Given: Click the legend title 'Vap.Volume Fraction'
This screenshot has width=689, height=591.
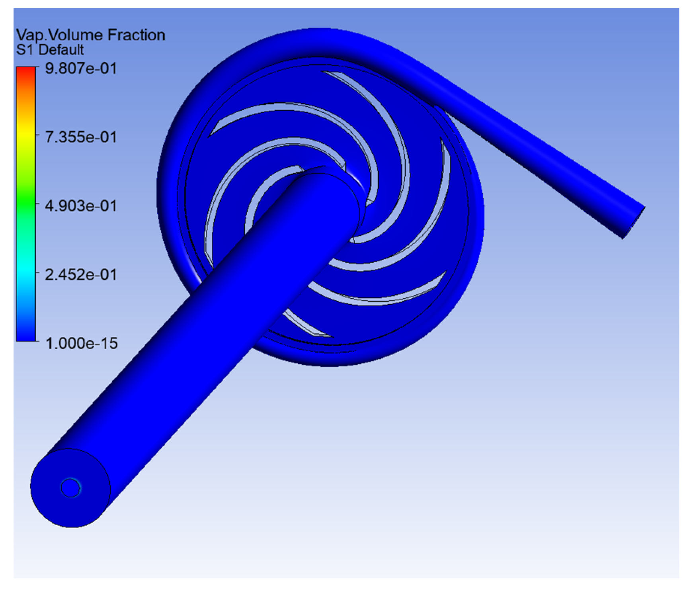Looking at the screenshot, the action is (91, 35).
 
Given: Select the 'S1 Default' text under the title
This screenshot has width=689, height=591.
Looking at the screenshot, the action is (50, 50).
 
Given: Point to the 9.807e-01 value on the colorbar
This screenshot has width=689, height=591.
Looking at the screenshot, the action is (81, 68).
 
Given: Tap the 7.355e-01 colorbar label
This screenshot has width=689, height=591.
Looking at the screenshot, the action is (81, 137).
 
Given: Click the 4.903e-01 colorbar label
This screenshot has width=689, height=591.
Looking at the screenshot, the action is (81, 206).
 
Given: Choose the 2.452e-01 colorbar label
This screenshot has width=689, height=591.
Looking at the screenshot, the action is (81, 275).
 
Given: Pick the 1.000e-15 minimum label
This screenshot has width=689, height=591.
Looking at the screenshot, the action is (82, 343).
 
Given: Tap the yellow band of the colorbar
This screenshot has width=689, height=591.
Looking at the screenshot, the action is (26, 131).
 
